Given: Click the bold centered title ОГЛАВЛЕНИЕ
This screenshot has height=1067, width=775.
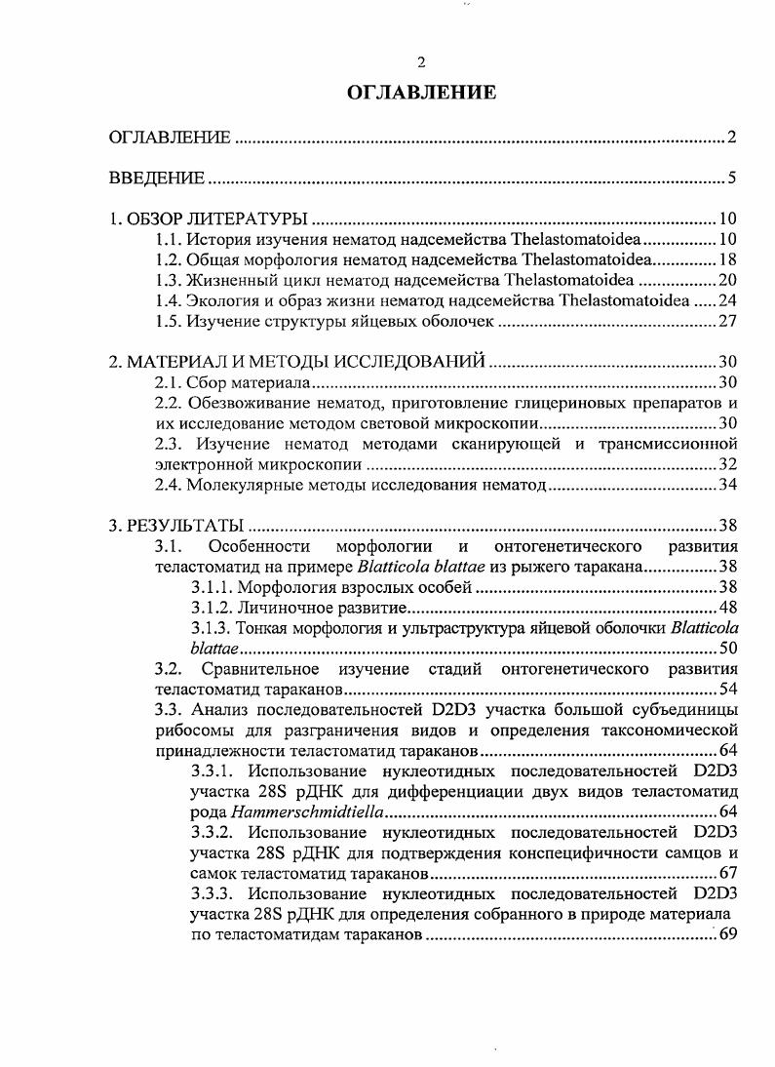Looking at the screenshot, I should (421, 93).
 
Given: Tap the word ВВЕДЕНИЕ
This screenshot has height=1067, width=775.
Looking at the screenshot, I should (156, 178).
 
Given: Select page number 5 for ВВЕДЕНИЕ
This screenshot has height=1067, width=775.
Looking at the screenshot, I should (731, 178).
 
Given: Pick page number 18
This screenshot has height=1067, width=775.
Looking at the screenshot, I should (727, 259).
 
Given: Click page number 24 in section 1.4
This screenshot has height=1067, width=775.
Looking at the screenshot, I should (727, 300).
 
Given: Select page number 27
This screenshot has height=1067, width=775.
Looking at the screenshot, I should (727, 321).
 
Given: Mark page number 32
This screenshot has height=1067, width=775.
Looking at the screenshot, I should (727, 464).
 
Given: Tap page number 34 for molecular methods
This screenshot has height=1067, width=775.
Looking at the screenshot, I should (727, 485).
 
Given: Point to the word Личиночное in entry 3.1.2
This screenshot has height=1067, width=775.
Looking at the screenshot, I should (280, 608).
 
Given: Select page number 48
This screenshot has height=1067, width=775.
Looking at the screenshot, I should (727, 608).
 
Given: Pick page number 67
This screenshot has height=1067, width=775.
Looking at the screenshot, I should (727, 873).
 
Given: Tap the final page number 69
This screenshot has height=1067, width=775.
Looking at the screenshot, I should (727, 935).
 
